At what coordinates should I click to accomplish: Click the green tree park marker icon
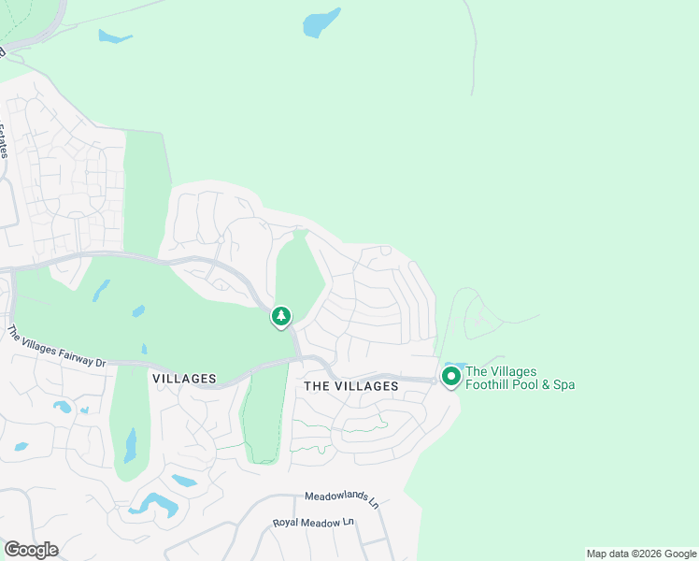point(280,317)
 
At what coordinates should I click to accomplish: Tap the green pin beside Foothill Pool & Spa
point(450,376)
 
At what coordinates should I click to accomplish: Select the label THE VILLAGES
point(351,385)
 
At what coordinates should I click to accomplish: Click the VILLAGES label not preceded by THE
point(183,379)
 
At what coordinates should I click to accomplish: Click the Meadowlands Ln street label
point(342,498)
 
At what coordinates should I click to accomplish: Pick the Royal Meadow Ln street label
point(314,522)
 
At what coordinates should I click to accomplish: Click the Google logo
point(31,550)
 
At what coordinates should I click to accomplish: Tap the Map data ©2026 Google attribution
point(642,554)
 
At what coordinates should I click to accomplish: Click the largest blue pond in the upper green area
point(321,23)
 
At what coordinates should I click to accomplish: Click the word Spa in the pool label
point(563,384)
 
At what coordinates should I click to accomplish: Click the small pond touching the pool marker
point(455,365)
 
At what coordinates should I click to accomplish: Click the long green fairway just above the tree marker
point(299,270)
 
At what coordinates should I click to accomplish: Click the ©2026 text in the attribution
point(636,554)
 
